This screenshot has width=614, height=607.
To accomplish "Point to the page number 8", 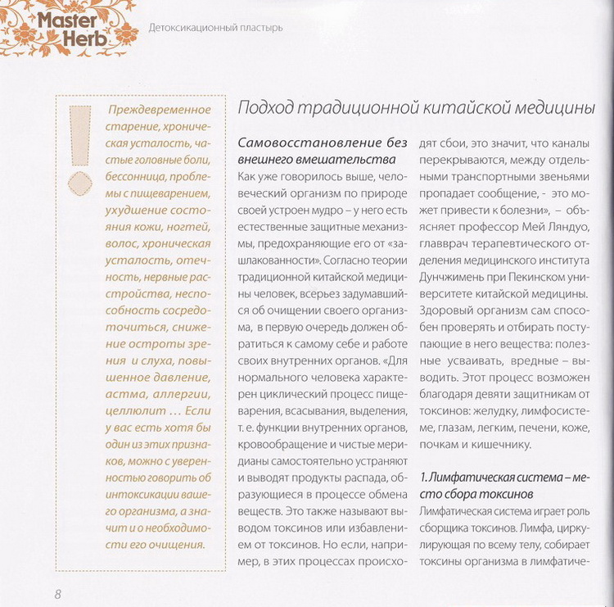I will click(x=57, y=593).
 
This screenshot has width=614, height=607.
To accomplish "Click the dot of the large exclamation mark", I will click(x=82, y=182).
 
